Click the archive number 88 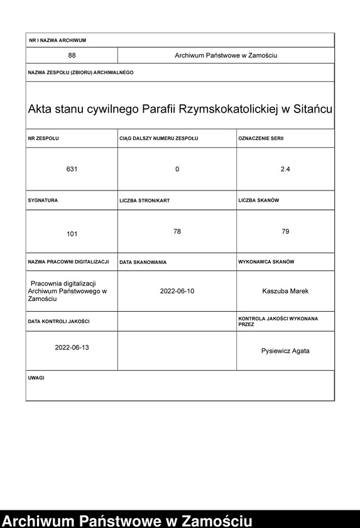click(72, 56)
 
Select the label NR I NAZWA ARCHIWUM click(57, 40)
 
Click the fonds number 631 click(72, 169)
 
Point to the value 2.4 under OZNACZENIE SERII click(285, 169)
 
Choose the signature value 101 click(72, 234)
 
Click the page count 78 click(177, 232)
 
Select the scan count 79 click(285, 232)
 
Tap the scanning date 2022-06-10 click(177, 291)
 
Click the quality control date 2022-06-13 click(72, 348)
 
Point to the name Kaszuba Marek click(285, 291)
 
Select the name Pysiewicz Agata click(285, 351)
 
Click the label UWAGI click(36, 378)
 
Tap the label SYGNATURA click(43, 200)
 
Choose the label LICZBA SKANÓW click(259, 200)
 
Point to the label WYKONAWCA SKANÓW click(266, 261)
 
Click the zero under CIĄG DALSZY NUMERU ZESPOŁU click(177, 169)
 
